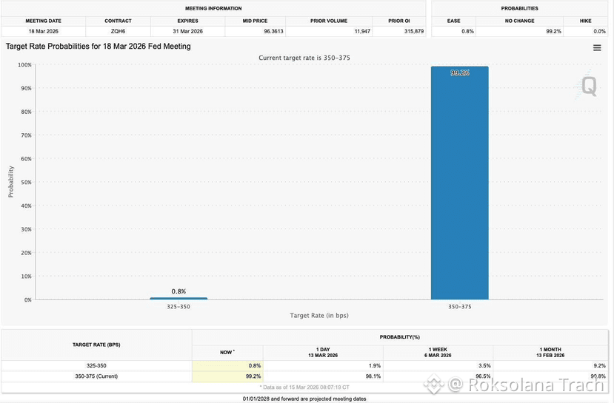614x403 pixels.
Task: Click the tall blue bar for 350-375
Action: [460, 183]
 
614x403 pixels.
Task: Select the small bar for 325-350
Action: [178, 299]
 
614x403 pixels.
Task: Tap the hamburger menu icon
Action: [597, 47]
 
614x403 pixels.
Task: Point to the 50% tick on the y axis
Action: [26, 182]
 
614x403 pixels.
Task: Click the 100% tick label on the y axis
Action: [24, 65]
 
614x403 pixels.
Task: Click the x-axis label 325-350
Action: [178, 307]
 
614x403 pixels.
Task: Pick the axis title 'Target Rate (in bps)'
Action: [319, 316]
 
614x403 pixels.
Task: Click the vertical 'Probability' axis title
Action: [11, 182]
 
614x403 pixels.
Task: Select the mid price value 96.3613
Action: [273, 31]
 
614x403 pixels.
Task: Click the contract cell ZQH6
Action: [118, 31]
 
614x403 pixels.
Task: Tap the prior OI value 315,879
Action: [414, 31]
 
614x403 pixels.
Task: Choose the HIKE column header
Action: [585, 21]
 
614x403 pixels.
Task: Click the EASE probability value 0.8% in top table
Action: [467, 31]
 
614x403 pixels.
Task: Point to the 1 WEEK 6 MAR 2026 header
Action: [438, 352]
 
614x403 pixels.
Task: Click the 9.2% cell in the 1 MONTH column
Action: [599, 366]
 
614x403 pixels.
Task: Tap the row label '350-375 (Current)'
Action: [96, 376]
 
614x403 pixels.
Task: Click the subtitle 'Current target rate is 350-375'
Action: [304, 58]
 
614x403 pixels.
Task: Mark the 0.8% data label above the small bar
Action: [178, 291]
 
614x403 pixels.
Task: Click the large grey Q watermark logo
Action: [589, 86]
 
